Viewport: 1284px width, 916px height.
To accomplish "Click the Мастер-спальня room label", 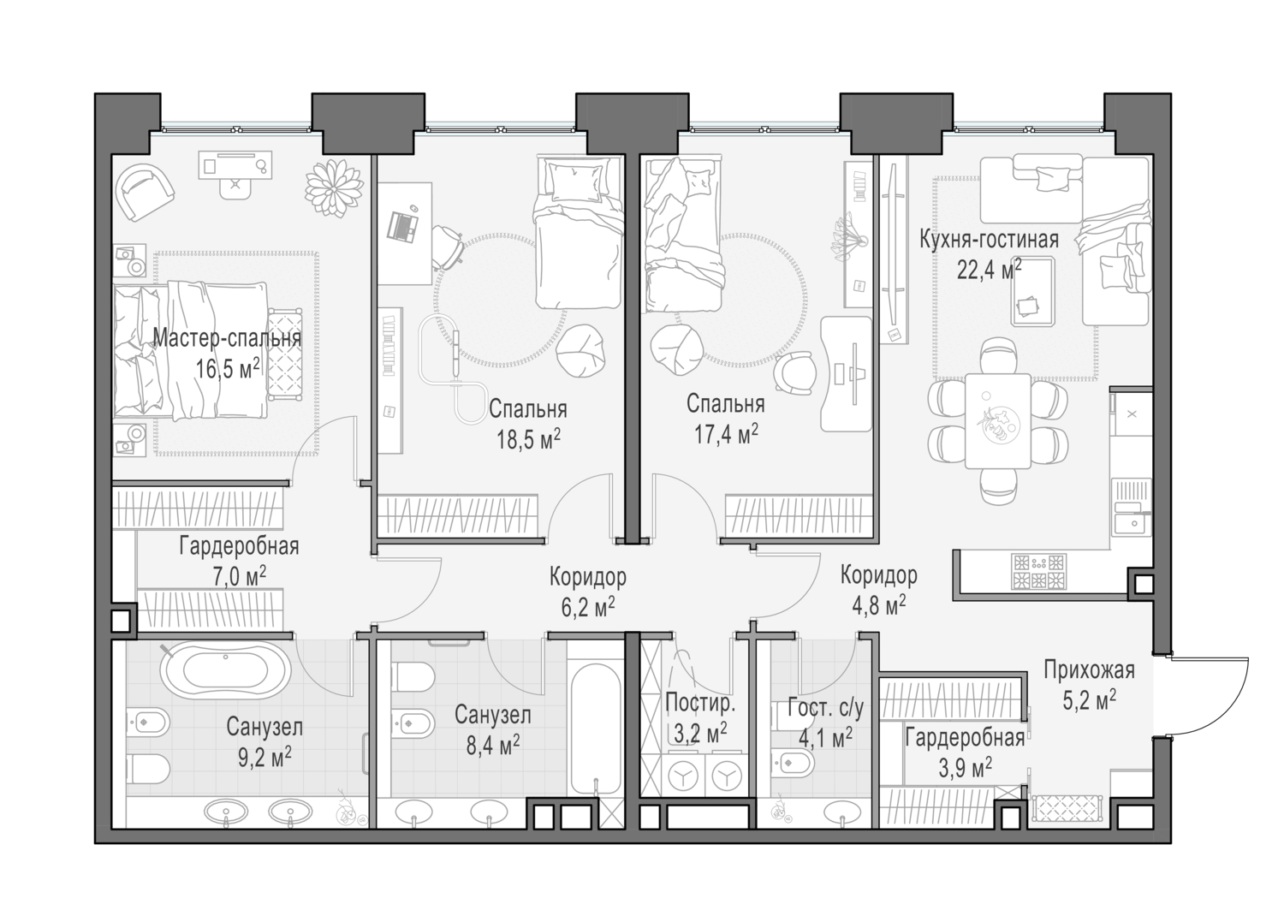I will pos(227,338).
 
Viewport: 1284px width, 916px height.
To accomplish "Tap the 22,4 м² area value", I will pos(989,271).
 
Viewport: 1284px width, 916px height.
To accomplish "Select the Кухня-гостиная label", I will pos(989,240).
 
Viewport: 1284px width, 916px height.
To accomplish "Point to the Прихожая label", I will pos(1089,669).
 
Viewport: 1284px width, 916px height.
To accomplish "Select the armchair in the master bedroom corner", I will pos(146,190).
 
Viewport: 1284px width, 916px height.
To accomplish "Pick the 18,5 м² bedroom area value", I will pos(528,439).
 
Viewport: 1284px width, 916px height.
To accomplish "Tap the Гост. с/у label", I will pos(825,709).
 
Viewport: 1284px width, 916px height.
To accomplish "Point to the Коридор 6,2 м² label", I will pos(587,577).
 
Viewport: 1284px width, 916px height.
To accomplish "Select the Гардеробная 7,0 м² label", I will pos(239,545).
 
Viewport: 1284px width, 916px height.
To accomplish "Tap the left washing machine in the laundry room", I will pos(683,776).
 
